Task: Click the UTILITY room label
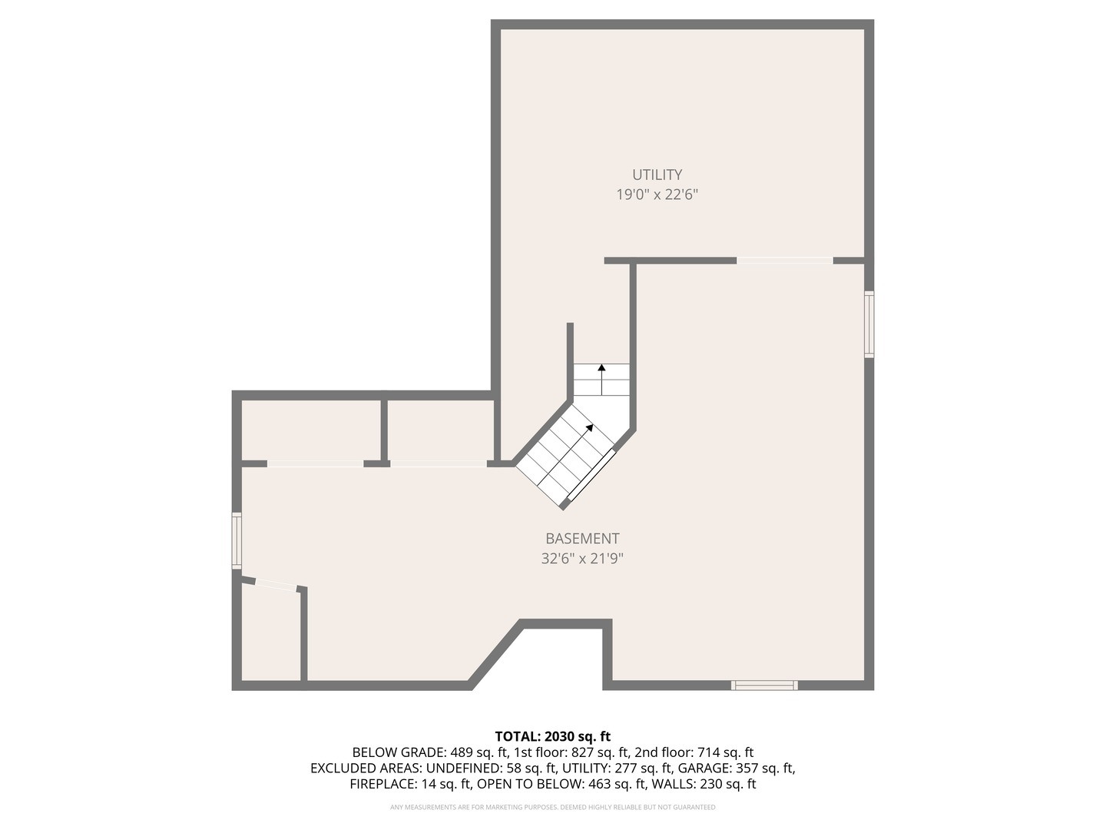tap(657, 174)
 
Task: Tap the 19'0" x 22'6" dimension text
tap(657, 194)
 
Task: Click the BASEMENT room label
tap(582, 539)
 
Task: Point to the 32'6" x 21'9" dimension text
tap(582, 559)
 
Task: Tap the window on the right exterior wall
tap(869, 324)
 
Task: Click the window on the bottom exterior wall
tap(764, 685)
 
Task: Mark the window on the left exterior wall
tap(237, 541)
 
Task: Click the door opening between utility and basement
tap(785, 261)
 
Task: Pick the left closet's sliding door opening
tap(315, 463)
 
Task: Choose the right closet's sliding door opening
tap(438, 463)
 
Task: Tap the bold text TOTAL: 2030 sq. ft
tap(552, 736)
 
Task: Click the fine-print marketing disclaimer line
tap(552, 807)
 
